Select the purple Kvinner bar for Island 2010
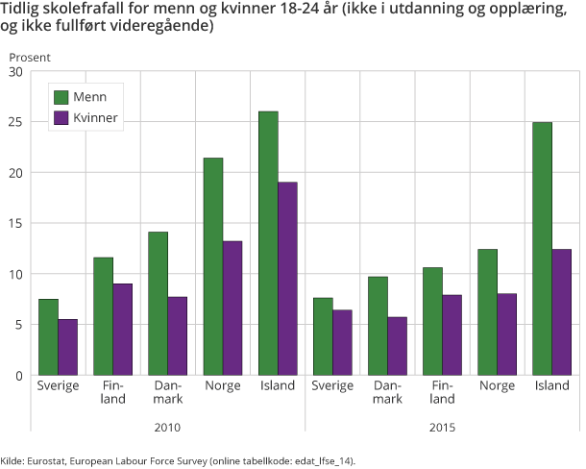[287, 279]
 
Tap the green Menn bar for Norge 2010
[212, 266]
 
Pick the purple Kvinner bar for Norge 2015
[507, 334]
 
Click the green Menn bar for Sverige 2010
[47, 336]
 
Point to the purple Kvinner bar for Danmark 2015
[397, 346]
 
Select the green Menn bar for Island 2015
[543, 249]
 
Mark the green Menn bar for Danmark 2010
[158, 303]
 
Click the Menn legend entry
[88, 97]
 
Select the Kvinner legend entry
[94, 118]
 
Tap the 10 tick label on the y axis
[15, 274]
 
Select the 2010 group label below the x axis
[167, 427]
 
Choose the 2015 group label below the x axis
[442, 427]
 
